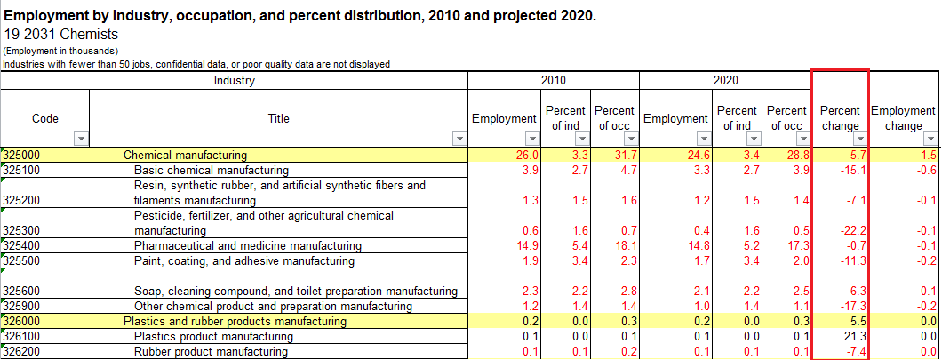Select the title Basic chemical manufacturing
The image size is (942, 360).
click(x=212, y=170)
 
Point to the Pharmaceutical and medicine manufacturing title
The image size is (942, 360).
click(x=248, y=245)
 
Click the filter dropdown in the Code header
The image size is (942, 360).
click(x=82, y=139)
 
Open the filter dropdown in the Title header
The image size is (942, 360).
click(x=459, y=139)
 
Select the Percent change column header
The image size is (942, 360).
click(x=840, y=117)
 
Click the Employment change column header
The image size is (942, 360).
click(x=904, y=117)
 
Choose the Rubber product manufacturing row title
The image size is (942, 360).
click(x=211, y=351)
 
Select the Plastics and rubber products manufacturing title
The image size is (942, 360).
click(x=235, y=321)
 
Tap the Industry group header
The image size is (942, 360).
click(x=235, y=81)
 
